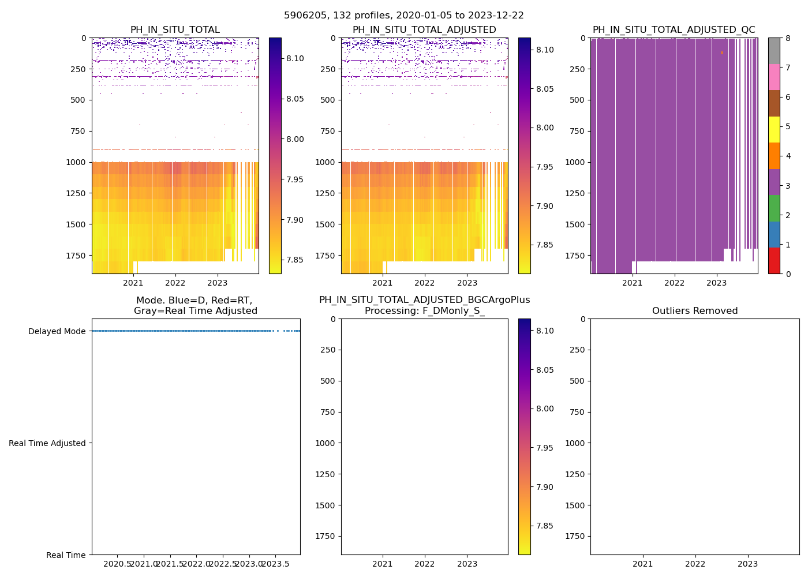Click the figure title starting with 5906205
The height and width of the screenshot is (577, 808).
403,16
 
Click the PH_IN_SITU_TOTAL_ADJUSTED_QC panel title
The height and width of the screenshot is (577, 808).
674,30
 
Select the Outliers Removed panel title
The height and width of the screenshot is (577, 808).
694,311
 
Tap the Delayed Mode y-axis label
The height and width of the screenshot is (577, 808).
57,331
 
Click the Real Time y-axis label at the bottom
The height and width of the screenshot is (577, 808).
66,555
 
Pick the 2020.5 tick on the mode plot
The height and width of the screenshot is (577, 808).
118,564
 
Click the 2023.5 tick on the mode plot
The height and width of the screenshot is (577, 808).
275,564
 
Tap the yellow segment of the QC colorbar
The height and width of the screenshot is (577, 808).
774,129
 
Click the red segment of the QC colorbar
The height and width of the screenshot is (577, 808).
774,261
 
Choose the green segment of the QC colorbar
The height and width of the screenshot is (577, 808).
774,208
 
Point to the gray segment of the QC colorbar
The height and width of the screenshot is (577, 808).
774,51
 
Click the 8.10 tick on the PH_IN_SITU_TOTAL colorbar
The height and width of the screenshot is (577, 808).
295,58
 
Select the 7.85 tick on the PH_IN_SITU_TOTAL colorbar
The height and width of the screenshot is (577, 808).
295,260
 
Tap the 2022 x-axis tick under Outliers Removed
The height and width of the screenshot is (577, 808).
695,564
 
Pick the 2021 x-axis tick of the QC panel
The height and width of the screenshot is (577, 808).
632,283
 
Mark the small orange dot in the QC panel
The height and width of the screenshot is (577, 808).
721,53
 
